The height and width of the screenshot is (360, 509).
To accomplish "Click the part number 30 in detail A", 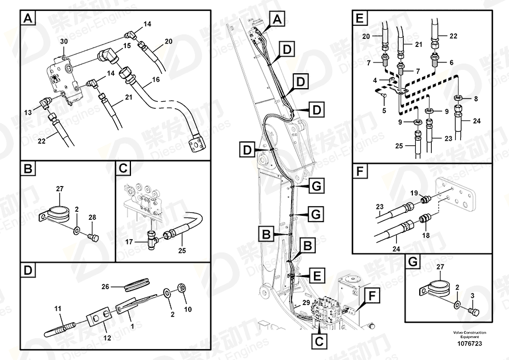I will point(63,41).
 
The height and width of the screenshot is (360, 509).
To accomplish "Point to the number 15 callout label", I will point(127,45).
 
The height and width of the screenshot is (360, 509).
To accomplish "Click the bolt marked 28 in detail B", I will point(95,237).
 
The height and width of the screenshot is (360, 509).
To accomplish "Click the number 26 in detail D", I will point(105,286).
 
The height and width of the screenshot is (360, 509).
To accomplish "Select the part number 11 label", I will point(57,310).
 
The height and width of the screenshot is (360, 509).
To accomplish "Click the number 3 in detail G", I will point(472,295).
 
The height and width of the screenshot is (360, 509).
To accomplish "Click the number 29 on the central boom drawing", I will point(306,302).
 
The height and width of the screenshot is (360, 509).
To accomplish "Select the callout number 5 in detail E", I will point(384,110).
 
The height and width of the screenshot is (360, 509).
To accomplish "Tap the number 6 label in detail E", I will point(451,62).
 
